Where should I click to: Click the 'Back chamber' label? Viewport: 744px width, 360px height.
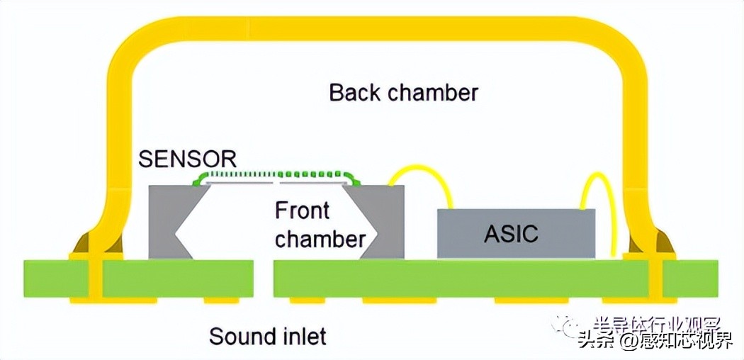point(403,92)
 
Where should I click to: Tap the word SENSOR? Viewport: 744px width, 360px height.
point(187,159)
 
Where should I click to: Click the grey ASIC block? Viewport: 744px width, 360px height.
point(515,244)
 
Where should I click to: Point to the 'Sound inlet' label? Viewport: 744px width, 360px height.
point(267,335)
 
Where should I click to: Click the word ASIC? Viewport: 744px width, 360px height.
point(512,235)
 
